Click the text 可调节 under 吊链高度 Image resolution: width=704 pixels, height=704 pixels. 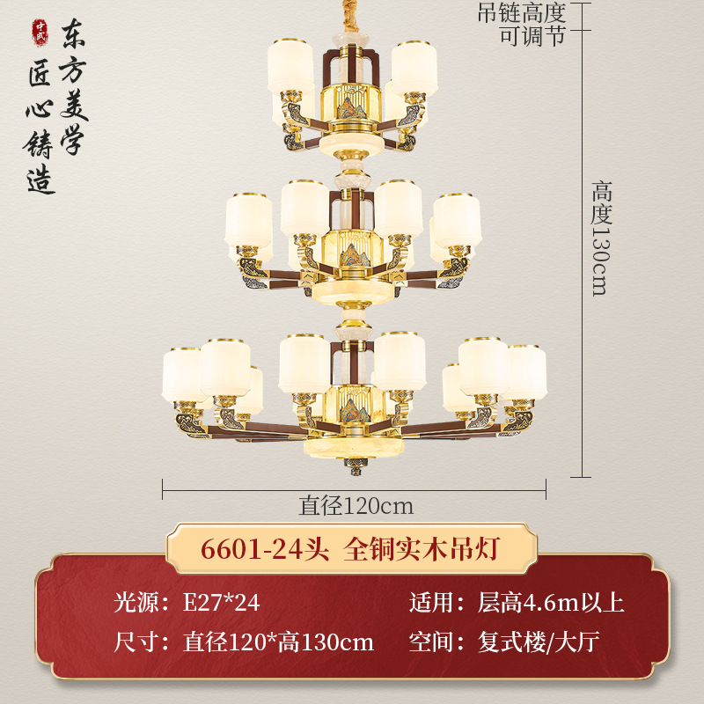coord(532,36)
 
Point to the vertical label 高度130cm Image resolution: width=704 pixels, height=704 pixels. coord(601,238)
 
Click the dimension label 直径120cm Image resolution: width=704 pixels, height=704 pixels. coord(356,506)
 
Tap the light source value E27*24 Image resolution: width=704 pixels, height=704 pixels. coord(221,603)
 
